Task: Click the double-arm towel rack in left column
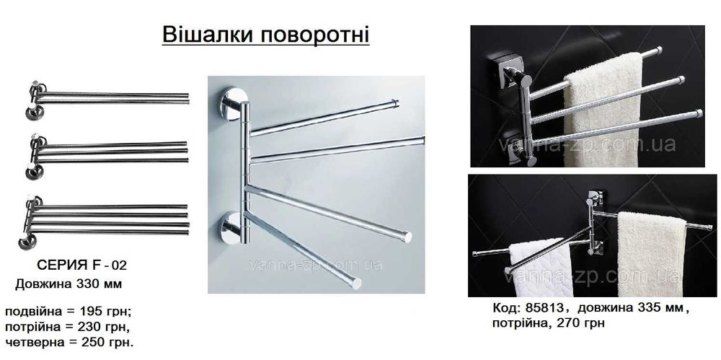tap(108, 96)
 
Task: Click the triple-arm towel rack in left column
tap(108, 150)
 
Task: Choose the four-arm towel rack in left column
tap(108, 216)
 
